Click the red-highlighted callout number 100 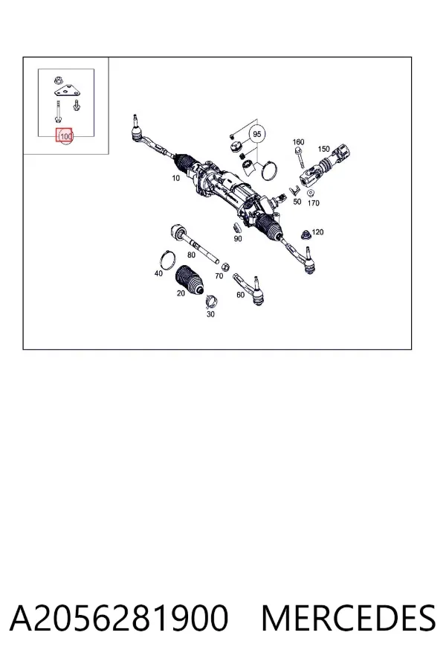pos(65,136)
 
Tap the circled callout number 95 pos(257,134)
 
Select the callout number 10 pos(176,178)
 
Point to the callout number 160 pos(298,142)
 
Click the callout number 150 pos(324,149)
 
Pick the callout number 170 pos(313,203)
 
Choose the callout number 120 pos(317,232)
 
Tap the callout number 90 pos(238,239)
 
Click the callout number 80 pos(191,255)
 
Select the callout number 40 pos(158,273)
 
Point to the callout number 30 pos(210,314)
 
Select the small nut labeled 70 pos(227,266)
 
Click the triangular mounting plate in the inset pos(68,91)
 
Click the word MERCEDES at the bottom pos(348,619)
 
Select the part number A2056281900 pos(119,619)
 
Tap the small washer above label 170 pos(311,193)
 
